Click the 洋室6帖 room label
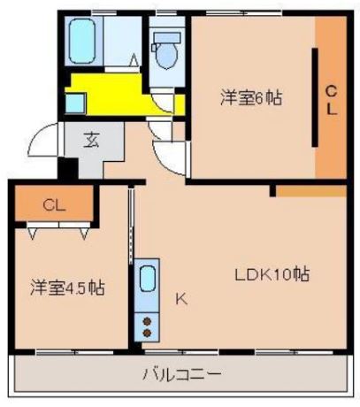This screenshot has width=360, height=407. [251, 99]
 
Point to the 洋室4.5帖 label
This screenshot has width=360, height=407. [67, 288]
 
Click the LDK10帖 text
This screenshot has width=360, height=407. [271, 273]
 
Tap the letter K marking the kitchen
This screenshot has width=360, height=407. [180, 299]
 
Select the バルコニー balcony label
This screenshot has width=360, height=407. [182, 373]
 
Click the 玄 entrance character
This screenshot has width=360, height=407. [91, 140]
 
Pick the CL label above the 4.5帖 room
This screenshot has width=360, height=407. [54, 205]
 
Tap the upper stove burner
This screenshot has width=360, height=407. [147, 318]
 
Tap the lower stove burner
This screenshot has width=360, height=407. [147, 332]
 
